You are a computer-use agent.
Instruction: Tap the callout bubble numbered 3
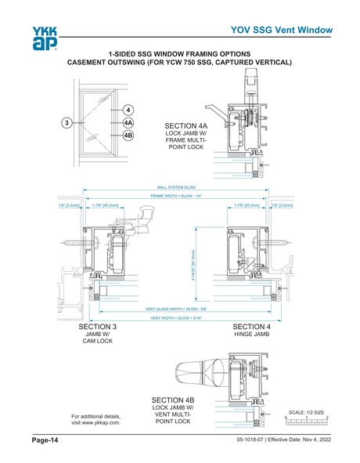point(68,122)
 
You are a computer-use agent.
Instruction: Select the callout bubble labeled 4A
point(128,123)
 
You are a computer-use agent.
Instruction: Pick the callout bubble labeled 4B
point(128,136)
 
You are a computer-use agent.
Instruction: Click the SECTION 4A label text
point(186,125)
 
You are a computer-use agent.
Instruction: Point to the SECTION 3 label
point(99,326)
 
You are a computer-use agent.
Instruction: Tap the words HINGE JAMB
point(252,335)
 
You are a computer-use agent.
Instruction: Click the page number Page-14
point(45,442)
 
